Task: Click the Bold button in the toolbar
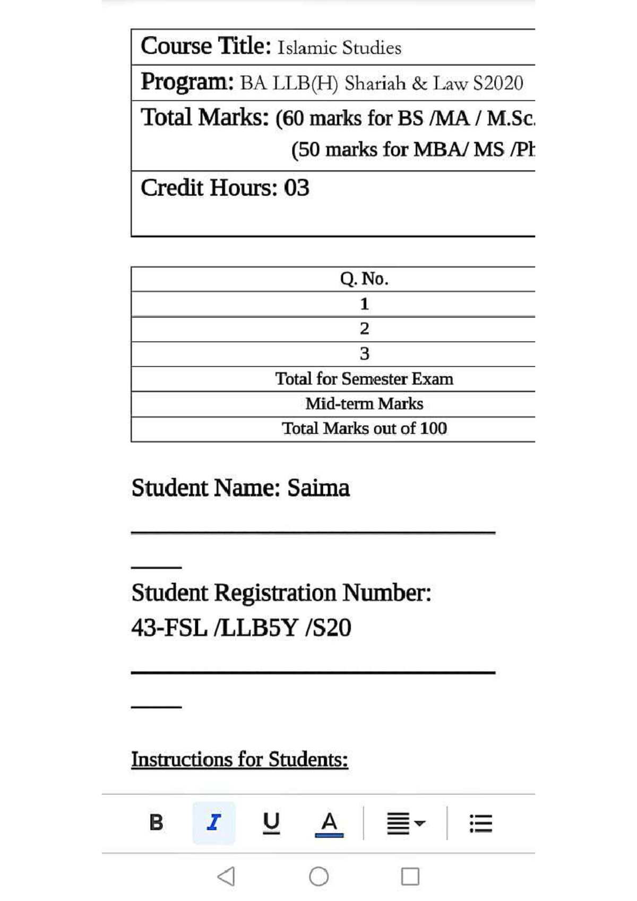156,822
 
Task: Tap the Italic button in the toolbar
213,822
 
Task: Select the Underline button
271,822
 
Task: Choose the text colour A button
329,824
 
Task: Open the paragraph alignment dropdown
406,824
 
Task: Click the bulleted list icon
481,824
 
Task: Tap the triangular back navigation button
227,877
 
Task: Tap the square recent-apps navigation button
410,877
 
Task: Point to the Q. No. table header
364,279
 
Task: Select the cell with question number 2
364,329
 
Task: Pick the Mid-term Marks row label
364,404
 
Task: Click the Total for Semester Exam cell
364,379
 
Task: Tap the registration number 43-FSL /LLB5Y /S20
242,628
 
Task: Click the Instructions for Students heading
239,759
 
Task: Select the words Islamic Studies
339,48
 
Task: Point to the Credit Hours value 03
297,188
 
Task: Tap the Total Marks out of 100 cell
364,428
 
